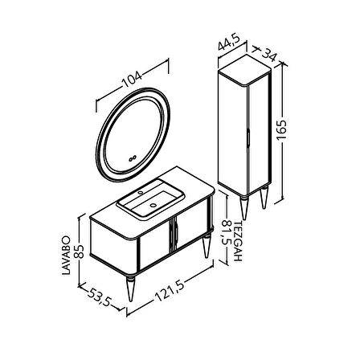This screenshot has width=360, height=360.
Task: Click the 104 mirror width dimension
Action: pyautogui.click(x=132, y=79)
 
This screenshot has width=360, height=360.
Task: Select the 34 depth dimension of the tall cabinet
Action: pyautogui.click(x=268, y=55)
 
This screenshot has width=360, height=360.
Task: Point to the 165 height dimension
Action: pyautogui.click(x=282, y=130)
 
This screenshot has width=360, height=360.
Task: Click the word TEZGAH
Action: pyautogui.click(x=238, y=241)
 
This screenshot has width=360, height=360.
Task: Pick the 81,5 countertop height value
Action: pyautogui.click(x=227, y=232)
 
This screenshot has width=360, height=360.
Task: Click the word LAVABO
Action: pyautogui.click(x=66, y=256)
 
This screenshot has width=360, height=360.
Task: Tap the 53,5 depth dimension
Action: pyautogui.click(x=99, y=297)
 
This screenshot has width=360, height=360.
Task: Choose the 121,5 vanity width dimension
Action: pyautogui.click(x=170, y=292)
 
